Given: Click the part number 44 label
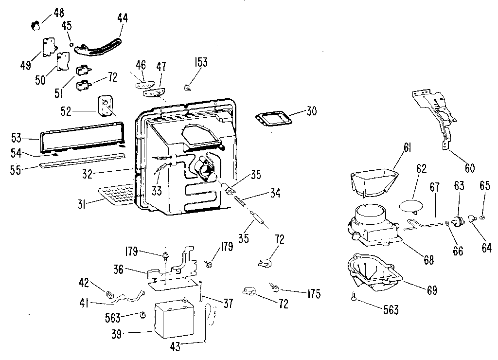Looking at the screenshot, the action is click(x=122, y=18).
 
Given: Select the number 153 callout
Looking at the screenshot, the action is click(x=201, y=62).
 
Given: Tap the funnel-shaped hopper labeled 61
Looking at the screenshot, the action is click(x=374, y=180).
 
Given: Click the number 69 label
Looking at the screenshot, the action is click(x=432, y=290).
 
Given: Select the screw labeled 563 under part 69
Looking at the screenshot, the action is click(x=354, y=296).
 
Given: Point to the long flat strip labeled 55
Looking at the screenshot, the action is click(x=82, y=160).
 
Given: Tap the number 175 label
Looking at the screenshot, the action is click(x=314, y=294).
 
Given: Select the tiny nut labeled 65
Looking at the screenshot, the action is click(x=482, y=217).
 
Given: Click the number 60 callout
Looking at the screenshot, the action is click(x=469, y=168).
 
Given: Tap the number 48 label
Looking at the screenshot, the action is click(x=58, y=13).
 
